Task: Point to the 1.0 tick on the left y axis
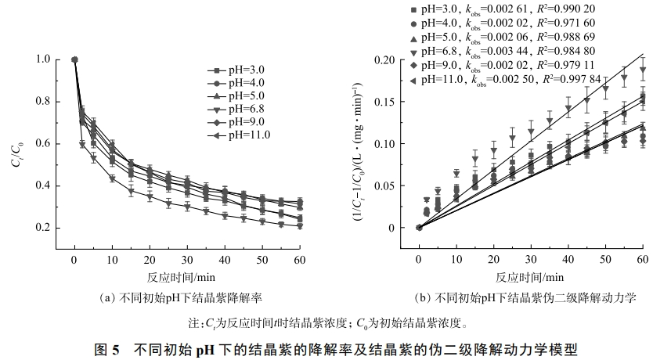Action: coord(44,59)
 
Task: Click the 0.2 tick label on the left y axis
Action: coord(44,228)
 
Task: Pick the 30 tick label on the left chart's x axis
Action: coord(186,260)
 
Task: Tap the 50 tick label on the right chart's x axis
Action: coord(605,260)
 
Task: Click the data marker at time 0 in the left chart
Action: coord(74,59)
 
